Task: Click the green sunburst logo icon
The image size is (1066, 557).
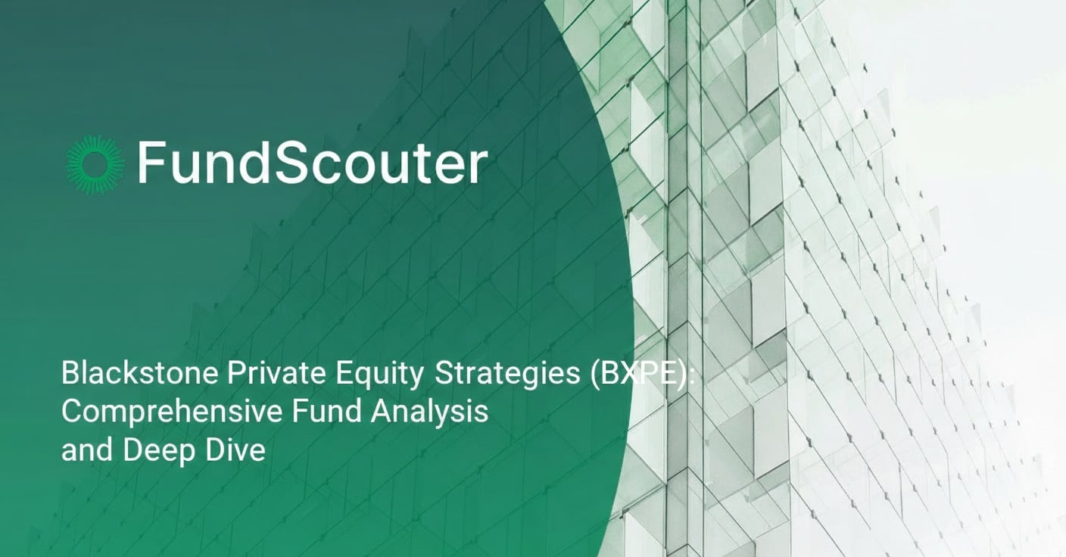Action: [95, 164]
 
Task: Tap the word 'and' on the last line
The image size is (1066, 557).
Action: [83, 450]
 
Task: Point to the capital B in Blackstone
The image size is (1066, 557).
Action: [70, 375]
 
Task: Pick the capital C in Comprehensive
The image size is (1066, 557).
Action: [71, 412]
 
